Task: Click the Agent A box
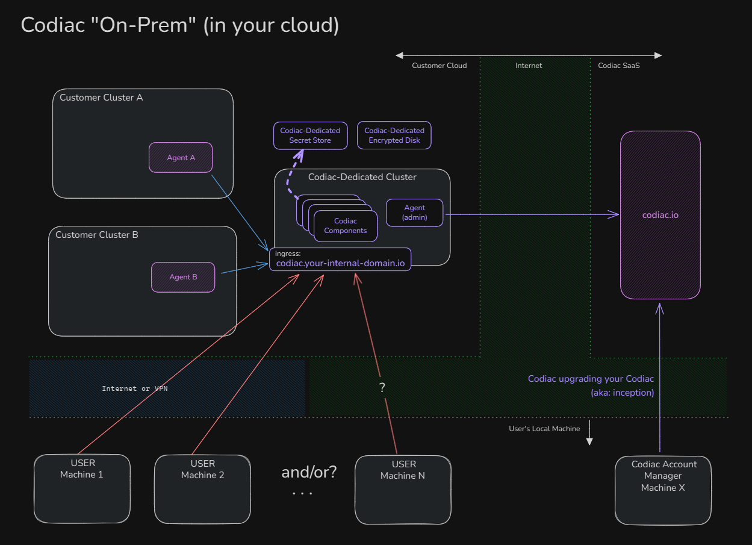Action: pos(181,157)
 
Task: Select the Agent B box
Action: pos(183,277)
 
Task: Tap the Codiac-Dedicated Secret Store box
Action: pos(310,135)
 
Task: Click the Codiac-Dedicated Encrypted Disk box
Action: pos(394,135)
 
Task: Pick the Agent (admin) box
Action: pos(414,213)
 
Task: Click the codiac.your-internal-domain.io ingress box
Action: pos(340,260)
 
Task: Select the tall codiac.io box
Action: pos(660,215)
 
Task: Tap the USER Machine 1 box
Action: pos(82,488)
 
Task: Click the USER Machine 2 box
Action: pos(202,488)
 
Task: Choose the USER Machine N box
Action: pos(403,489)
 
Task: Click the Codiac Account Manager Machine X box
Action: pos(663,490)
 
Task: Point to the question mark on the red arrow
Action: pos(382,388)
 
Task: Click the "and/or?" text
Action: pos(309,472)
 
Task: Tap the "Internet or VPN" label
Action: pos(135,388)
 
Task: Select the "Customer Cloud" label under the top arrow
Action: pos(439,66)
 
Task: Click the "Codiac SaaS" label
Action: pos(618,66)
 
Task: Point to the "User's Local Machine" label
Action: pos(544,429)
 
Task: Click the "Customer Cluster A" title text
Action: pos(101,97)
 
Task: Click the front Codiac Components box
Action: pos(346,226)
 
